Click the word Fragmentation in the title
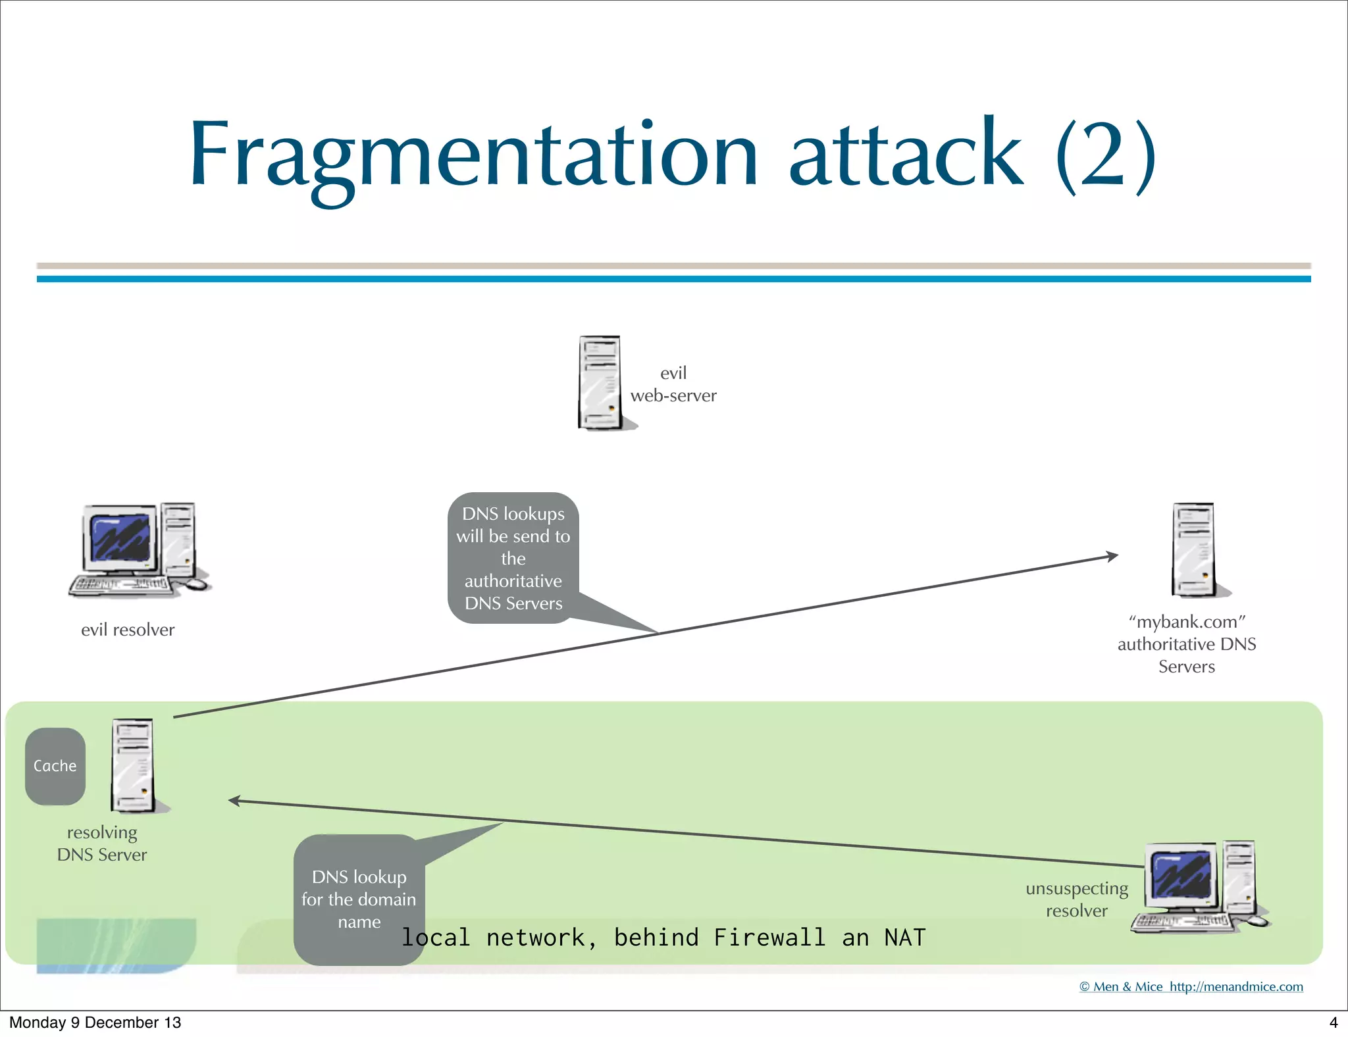(474, 155)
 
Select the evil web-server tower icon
(600, 382)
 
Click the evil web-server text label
(673, 384)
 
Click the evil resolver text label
(128, 630)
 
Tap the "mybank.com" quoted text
(1187, 622)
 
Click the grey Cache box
(55, 766)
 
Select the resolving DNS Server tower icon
(134, 765)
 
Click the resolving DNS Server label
(102, 844)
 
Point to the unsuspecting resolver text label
(1077, 899)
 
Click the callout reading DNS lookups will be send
(513, 558)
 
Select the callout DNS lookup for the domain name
(359, 899)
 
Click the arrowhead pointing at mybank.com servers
(1112, 557)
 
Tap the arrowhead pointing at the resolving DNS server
(234, 801)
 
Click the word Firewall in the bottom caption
(769, 937)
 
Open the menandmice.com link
(1235, 986)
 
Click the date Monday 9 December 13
(95, 1022)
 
